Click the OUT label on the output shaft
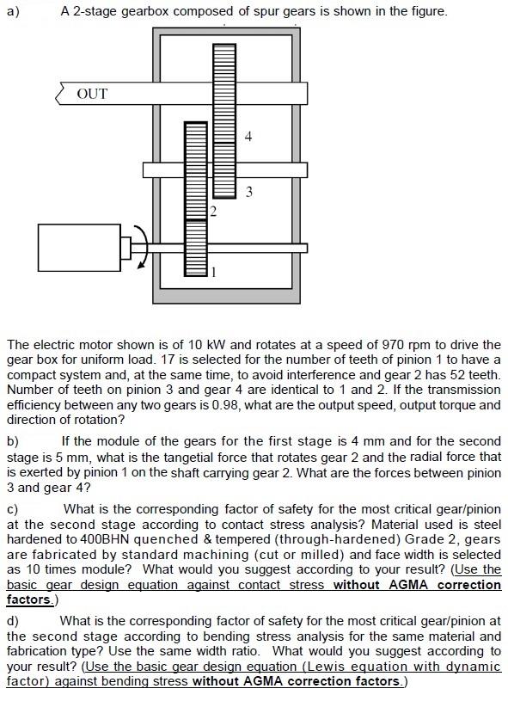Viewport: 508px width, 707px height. click(x=92, y=93)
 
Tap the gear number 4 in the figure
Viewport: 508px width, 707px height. click(x=248, y=136)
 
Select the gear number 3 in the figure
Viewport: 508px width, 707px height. click(x=248, y=191)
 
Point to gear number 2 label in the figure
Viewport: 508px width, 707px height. click(x=213, y=210)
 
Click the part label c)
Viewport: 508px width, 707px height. click(x=13, y=508)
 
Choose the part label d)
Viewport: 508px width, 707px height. click(x=13, y=620)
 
